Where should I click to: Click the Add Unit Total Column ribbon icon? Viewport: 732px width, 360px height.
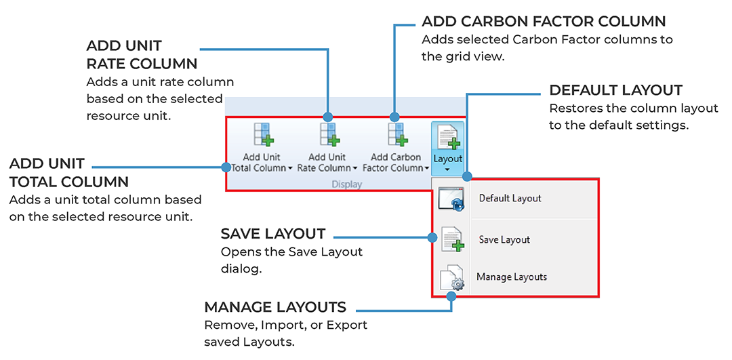262,134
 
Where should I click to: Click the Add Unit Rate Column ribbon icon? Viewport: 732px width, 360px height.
329,134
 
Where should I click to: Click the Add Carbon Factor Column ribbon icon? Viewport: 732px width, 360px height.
396,134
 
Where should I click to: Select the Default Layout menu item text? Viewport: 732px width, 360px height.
510,199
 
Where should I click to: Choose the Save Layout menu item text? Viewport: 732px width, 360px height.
504,240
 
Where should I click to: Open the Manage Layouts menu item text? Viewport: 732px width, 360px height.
511,277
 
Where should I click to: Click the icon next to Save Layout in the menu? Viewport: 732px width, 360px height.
451,240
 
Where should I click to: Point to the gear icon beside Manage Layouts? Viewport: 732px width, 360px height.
451,279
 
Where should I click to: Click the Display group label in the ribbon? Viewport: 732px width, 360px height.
346,184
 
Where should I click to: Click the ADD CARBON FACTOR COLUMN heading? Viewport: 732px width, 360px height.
544,22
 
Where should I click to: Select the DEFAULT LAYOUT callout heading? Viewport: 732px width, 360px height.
615,90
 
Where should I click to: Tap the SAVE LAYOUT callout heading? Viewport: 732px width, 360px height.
273,234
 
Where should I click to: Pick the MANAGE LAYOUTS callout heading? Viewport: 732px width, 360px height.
275,306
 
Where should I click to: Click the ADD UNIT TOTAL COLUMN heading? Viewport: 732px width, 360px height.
68,173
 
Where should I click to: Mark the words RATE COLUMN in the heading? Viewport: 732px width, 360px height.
142,64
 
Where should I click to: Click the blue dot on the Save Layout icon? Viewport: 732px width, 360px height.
432,237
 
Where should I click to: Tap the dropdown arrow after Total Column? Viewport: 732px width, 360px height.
291,168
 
